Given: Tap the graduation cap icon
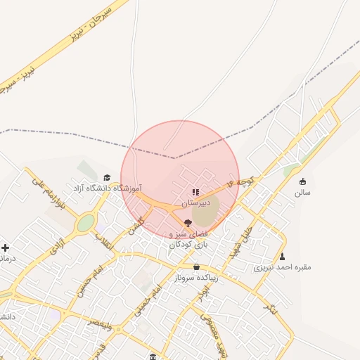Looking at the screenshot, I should coord(107,178).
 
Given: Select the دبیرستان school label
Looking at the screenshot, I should coord(195,202).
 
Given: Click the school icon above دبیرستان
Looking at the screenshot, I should coord(195,191).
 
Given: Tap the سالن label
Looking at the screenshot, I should coord(303,192).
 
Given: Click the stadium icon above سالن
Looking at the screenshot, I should coord(303,181).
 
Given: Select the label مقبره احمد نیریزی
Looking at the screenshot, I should coord(283,267).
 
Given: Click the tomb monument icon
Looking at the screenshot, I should coord(283,257).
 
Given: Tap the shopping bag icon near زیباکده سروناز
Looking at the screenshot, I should coord(196,267).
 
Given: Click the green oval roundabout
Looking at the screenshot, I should coord(85,224).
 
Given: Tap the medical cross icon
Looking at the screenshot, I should coord(6,247).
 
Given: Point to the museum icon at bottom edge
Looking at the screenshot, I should coord(154,356).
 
